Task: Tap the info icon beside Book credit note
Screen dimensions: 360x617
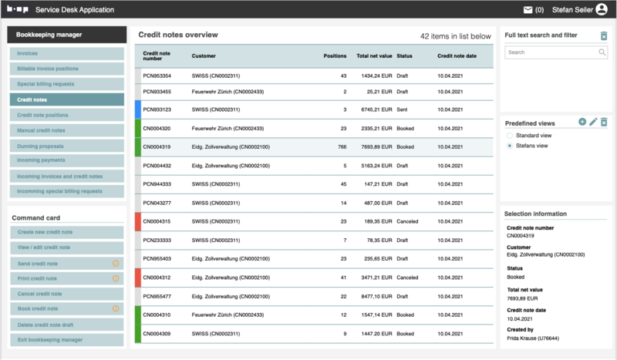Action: pyautogui.click(x=116, y=309)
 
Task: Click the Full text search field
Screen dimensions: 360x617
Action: pyautogui.click(x=551, y=52)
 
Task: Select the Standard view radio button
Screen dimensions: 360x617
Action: pyautogui.click(x=510, y=136)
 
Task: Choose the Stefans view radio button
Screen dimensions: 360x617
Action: pyautogui.click(x=510, y=146)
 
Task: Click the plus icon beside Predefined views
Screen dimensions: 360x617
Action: pyautogui.click(x=582, y=122)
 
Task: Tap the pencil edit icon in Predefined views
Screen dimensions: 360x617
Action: pyautogui.click(x=593, y=122)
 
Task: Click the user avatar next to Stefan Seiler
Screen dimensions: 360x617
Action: pyautogui.click(x=602, y=10)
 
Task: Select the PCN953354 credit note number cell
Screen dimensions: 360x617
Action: pyautogui.click(x=157, y=76)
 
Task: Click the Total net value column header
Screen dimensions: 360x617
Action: pyautogui.click(x=374, y=56)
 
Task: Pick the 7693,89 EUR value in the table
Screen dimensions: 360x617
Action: pyautogui.click(x=374, y=146)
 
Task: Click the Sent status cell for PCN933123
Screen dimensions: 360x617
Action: pyautogui.click(x=403, y=109)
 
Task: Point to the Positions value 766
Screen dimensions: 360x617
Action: pyautogui.click(x=340, y=146)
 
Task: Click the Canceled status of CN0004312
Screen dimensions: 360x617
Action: pyautogui.click(x=407, y=278)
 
